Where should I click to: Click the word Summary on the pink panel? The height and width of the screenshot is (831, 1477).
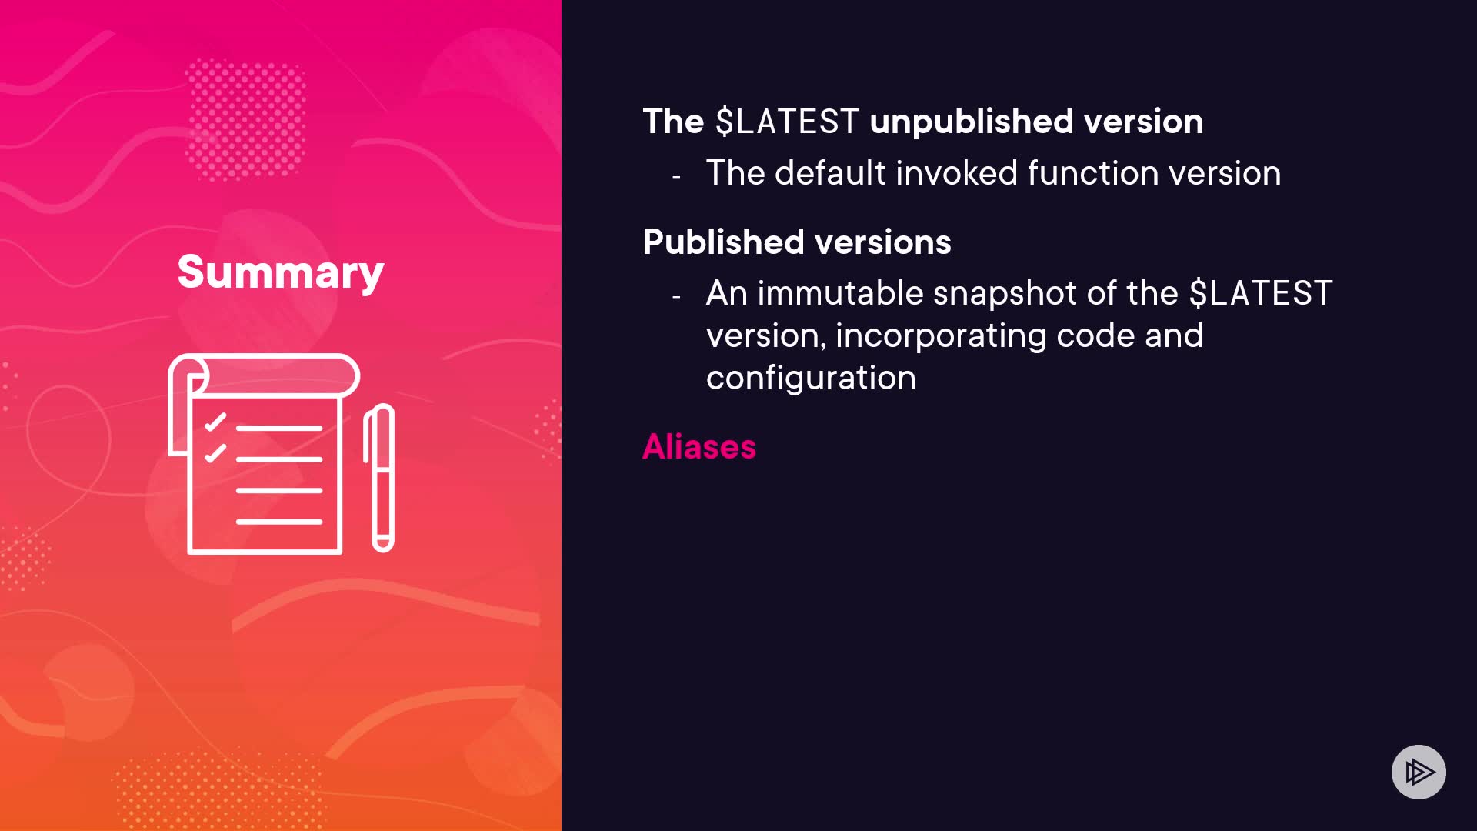click(x=281, y=272)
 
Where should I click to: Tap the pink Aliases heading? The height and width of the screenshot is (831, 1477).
click(x=699, y=446)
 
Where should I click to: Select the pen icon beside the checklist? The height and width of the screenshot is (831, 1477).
click(x=378, y=478)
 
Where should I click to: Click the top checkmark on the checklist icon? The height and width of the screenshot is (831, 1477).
click(x=215, y=422)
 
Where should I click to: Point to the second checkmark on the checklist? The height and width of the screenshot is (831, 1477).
click(x=215, y=453)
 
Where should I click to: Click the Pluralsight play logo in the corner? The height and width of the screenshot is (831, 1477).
click(x=1419, y=772)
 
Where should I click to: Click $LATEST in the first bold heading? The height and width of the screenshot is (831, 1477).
click(x=786, y=122)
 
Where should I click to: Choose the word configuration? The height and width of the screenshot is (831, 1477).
click(x=811, y=379)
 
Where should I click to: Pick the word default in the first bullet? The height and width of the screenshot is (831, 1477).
click(x=830, y=173)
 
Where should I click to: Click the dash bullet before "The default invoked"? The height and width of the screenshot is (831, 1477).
click(x=676, y=177)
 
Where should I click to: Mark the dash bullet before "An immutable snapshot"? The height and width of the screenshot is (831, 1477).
click(x=676, y=297)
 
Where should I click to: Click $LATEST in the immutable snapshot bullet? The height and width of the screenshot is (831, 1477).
click(x=1261, y=293)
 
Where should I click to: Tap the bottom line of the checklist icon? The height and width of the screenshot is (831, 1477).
click(x=279, y=522)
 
